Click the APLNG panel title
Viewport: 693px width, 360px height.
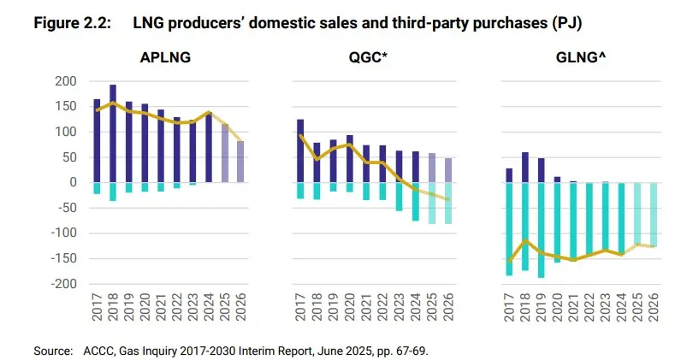click(165, 58)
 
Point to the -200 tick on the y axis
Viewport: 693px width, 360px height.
click(62, 284)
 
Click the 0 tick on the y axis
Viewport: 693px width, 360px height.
click(74, 183)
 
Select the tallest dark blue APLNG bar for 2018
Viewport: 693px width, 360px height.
click(113, 133)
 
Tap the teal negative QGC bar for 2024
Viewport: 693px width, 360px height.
click(415, 202)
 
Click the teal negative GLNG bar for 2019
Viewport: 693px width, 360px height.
click(542, 229)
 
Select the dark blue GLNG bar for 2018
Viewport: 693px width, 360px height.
click(525, 168)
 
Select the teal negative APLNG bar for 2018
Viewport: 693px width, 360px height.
click(113, 192)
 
